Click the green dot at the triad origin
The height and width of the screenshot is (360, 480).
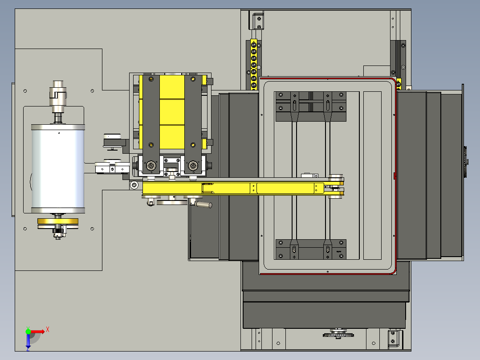point(28,331)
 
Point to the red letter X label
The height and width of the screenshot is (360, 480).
point(48,330)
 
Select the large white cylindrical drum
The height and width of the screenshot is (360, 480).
point(58,168)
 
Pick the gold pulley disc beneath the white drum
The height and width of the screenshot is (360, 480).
point(58,221)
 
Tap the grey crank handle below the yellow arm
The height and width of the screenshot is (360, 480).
point(203,205)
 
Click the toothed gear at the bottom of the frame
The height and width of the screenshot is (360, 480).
point(338,334)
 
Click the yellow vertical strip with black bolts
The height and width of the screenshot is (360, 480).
point(253,64)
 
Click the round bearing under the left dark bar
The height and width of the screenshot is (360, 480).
point(151,166)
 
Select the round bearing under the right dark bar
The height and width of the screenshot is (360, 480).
point(193,166)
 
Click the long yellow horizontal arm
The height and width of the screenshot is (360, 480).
point(242,188)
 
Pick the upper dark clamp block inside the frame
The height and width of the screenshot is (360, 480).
point(311,106)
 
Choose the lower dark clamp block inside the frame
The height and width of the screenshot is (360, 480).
point(311,250)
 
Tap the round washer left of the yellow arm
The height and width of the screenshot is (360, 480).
point(134,185)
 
